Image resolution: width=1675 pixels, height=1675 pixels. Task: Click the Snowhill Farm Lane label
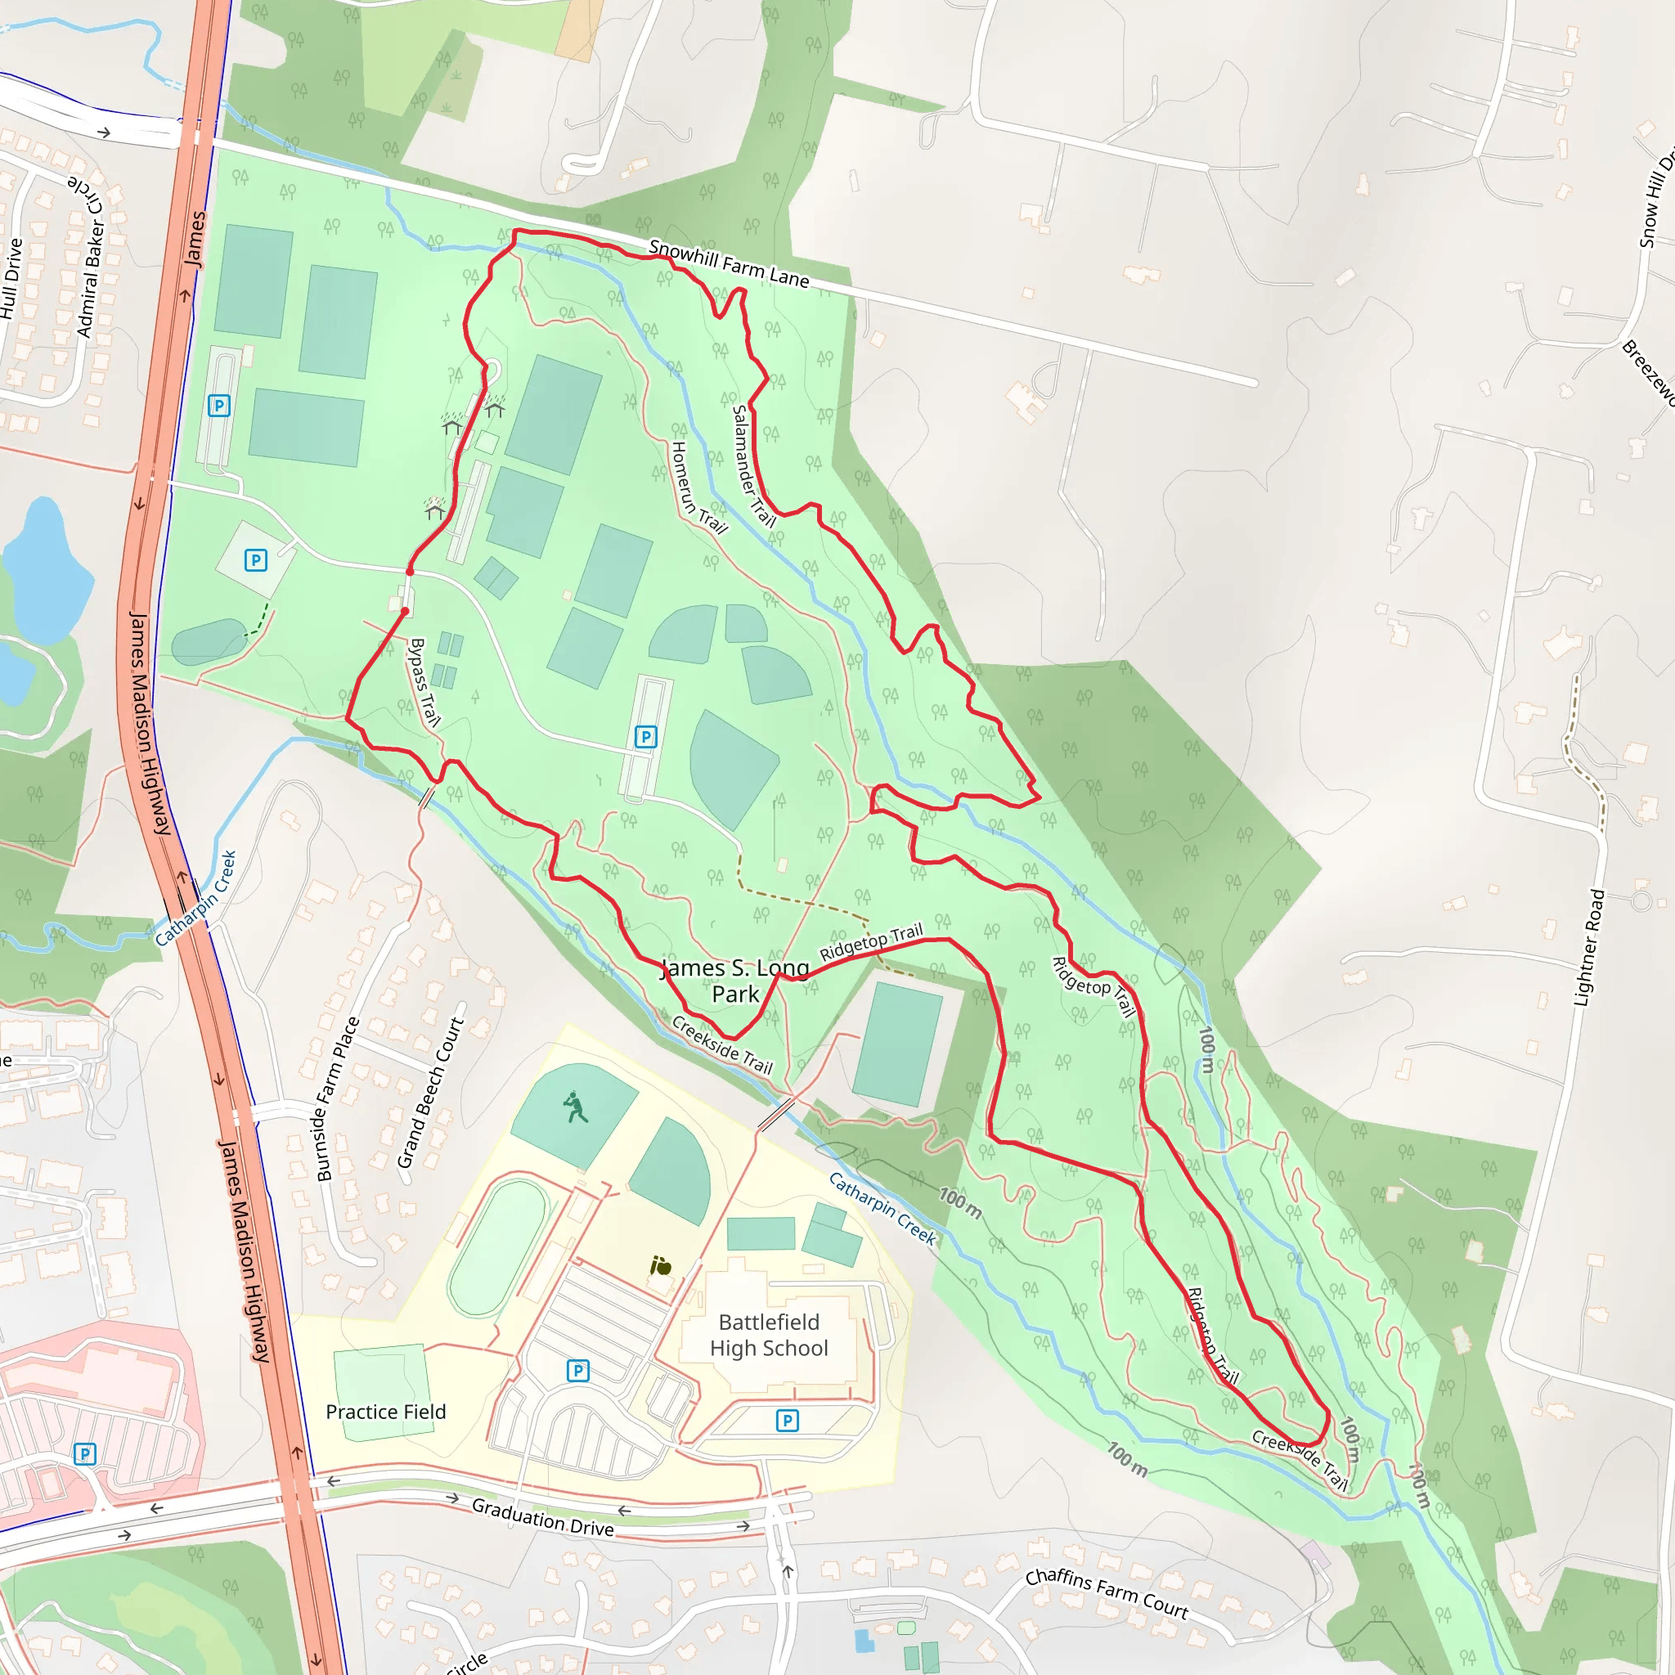(728, 263)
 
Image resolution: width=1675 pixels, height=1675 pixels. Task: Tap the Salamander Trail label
(752, 466)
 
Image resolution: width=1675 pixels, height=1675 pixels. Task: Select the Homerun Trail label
(697, 487)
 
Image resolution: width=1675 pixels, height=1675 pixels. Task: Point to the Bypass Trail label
(424, 682)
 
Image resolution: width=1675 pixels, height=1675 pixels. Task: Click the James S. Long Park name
(735, 981)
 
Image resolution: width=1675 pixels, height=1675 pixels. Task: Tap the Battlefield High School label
(769, 1335)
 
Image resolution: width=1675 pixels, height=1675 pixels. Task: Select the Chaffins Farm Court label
(1107, 1594)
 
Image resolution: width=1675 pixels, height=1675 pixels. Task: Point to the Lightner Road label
(1589, 949)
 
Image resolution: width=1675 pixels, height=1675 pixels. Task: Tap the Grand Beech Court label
(431, 1093)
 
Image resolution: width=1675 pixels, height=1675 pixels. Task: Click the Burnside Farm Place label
(337, 1098)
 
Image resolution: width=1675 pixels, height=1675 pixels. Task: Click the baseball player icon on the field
(575, 1107)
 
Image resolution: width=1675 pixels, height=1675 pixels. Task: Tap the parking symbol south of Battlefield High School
(788, 1420)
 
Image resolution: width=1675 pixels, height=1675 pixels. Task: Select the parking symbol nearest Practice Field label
(577, 1371)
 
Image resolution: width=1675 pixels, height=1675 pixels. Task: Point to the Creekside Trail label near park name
(721, 1045)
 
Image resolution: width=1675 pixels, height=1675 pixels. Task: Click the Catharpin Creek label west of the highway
(196, 897)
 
